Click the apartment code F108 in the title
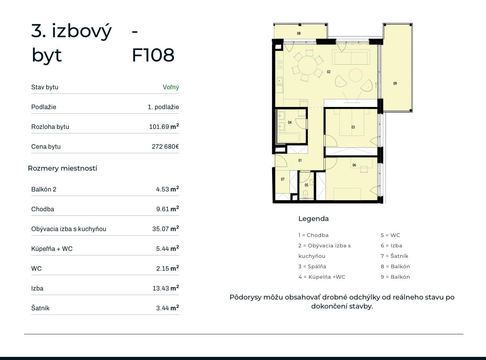coord(153,55)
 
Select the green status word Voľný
coord(171,87)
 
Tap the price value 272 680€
coord(165,146)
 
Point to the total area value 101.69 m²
coord(164,126)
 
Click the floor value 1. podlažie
coord(163,107)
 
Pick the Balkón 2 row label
coord(44,189)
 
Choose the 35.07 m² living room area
coord(166,229)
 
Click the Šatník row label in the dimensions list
coord(40,308)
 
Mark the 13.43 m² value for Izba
coord(166,288)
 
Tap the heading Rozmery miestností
coord(62,168)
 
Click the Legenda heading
coord(313,219)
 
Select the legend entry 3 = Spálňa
coord(312,266)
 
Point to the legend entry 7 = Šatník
coord(394,256)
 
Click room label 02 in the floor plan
coord(329,72)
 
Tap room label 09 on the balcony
coord(395,83)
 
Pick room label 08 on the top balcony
coord(299,33)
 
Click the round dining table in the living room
coord(308,65)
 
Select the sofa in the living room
coord(351,57)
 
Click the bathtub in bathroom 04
coord(289,138)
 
